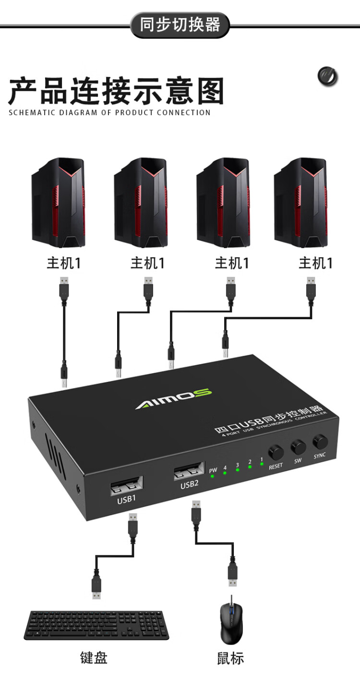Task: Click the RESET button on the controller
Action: point(276,452)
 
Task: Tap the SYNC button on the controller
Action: point(319,442)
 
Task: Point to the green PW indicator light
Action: point(212,477)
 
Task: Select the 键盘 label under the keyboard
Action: point(94,657)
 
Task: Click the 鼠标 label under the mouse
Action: point(230,657)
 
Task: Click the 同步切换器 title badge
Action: point(180,25)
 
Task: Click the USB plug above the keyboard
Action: point(96,583)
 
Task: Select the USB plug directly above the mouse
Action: point(233,574)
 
